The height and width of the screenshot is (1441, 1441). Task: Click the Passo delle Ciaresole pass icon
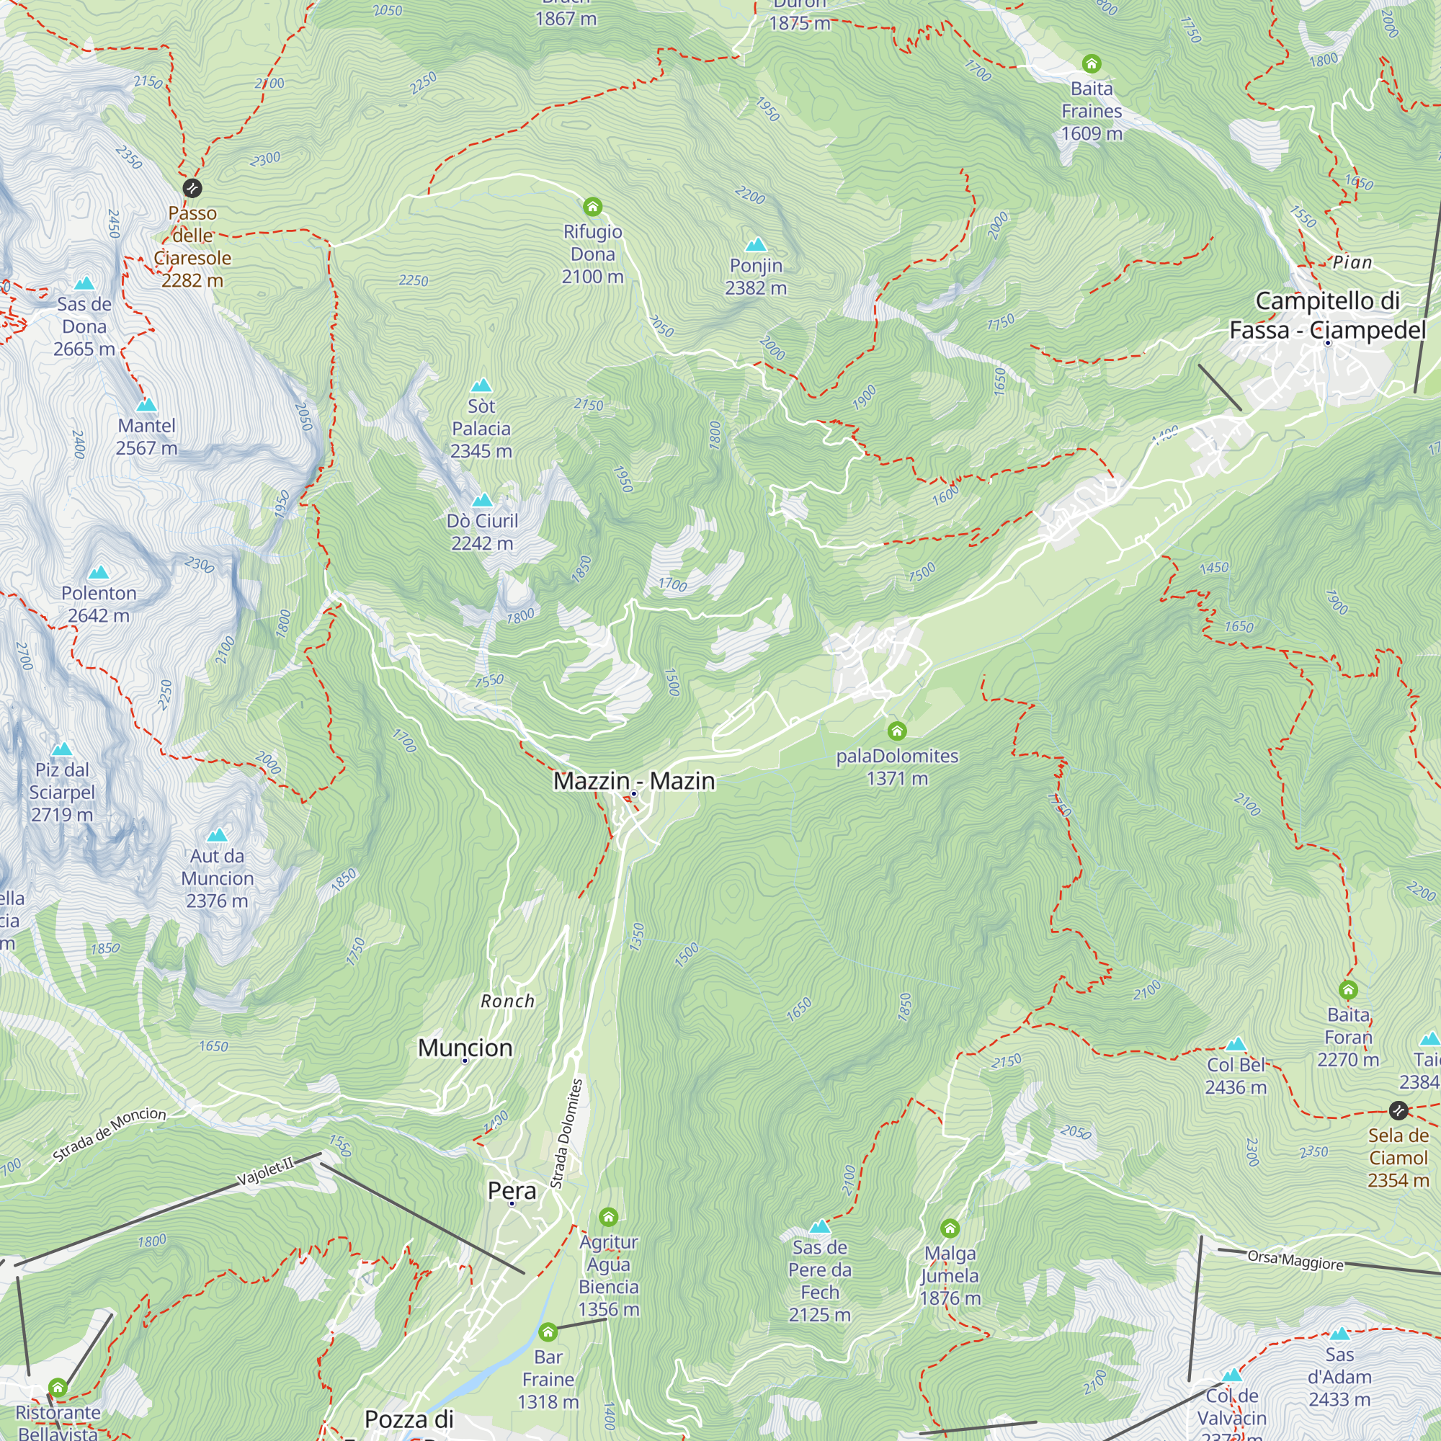coord(192,188)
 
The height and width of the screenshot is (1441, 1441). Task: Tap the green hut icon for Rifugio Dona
coord(592,207)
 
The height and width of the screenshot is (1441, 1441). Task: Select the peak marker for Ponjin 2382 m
coord(756,245)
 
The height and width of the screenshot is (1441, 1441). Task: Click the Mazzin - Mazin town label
coord(634,781)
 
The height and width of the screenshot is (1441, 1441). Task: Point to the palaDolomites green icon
coord(896,731)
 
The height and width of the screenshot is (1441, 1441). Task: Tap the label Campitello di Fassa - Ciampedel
coord(1327,316)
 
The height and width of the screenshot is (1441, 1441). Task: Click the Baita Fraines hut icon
coord(1091,63)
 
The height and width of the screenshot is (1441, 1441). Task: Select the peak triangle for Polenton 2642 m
coord(99,573)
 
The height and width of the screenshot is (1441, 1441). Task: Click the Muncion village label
coord(465,1048)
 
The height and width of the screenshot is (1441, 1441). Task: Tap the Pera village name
coord(512,1191)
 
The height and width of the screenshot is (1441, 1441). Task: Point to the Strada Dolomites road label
coord(567,1133)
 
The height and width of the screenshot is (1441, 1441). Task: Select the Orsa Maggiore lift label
coord(1295,1260)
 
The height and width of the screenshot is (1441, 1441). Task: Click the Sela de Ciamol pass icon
coord(1398,1110)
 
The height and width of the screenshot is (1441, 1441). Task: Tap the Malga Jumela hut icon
coord(950,1228)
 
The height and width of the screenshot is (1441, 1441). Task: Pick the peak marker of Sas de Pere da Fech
coord(820,1227)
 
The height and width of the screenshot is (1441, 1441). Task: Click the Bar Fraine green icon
coord(548,1332)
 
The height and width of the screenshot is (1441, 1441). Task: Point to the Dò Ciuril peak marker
coord(482,500)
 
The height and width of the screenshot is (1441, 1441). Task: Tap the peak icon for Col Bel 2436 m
coord(1236,1044)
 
